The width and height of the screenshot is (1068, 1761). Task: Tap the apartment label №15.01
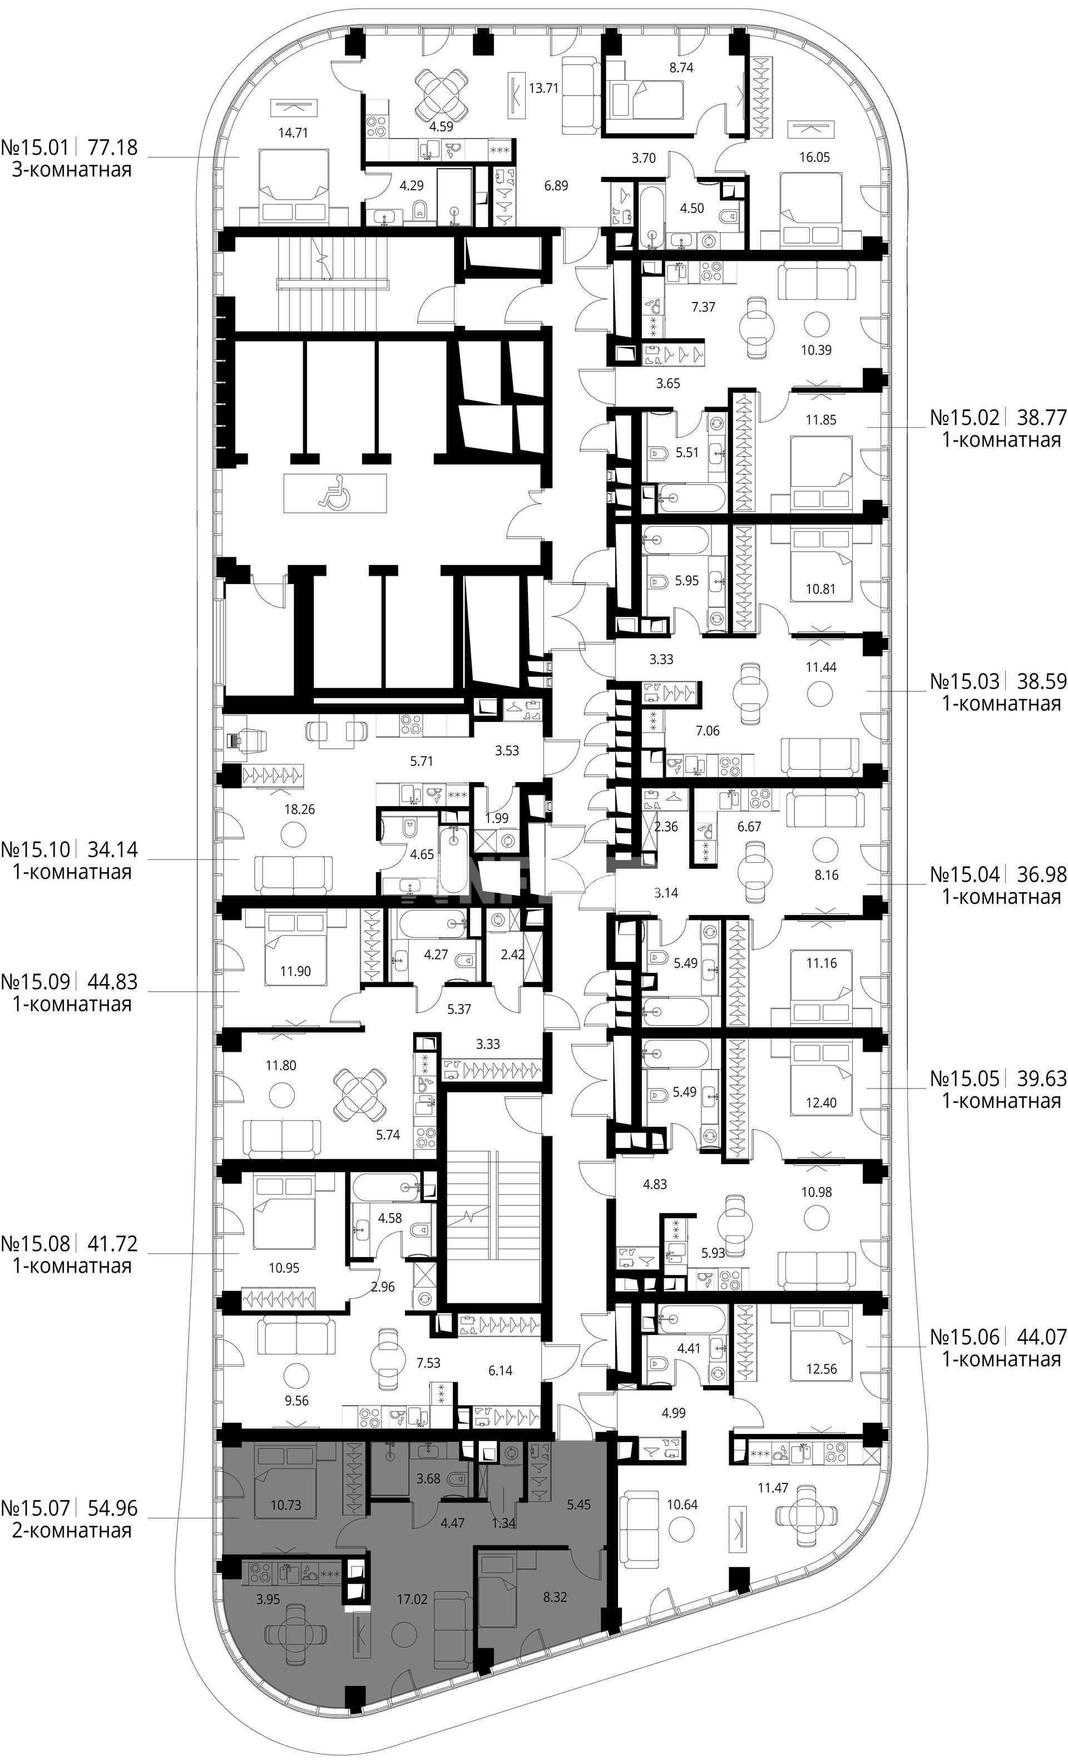[35, 148]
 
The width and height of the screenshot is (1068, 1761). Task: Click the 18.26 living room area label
[299, 810]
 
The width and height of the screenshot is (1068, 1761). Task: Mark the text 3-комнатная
[72, 170]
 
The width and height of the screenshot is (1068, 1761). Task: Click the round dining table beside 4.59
[442, 96]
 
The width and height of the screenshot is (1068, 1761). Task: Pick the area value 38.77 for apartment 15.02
[1041, 416]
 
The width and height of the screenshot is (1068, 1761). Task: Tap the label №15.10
[35, 850]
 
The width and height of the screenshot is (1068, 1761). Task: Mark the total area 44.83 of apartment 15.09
[112, 981]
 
